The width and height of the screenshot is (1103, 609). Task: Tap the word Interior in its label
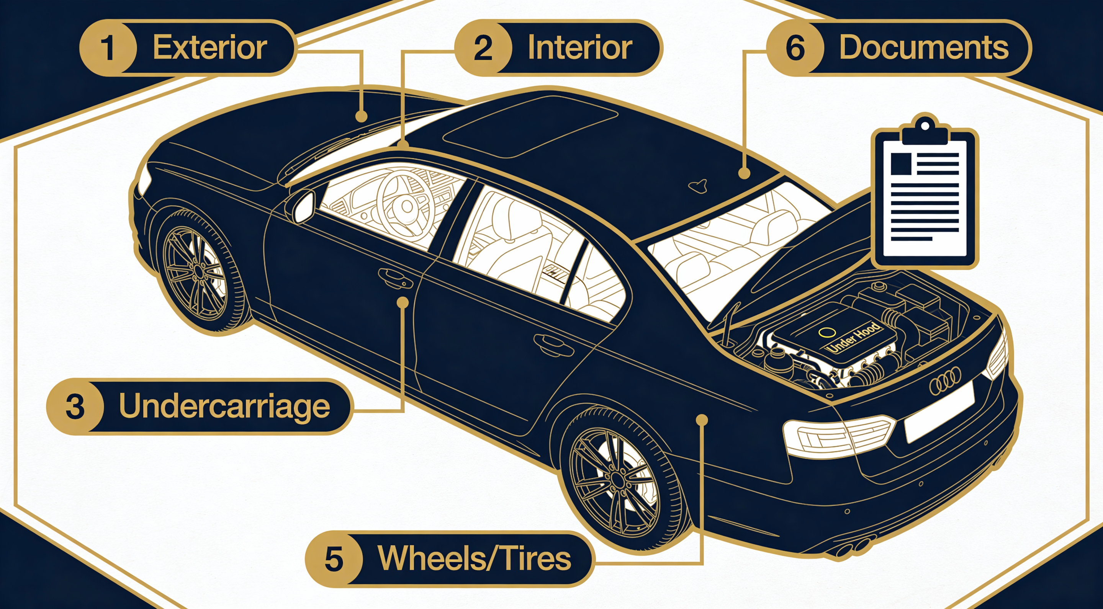(579, 48)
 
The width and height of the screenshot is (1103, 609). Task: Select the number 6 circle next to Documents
(795, 48)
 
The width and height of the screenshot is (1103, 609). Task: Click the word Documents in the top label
(924, 48)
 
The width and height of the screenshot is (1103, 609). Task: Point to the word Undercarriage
(224, 406)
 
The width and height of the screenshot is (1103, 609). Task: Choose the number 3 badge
(75, 406)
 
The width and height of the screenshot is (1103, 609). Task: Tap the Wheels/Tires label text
(474, 558)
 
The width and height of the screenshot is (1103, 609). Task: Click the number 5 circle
(334, 558)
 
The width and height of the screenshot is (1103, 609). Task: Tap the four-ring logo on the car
(945, 381)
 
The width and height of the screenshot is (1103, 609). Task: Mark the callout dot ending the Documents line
(745, 173)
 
